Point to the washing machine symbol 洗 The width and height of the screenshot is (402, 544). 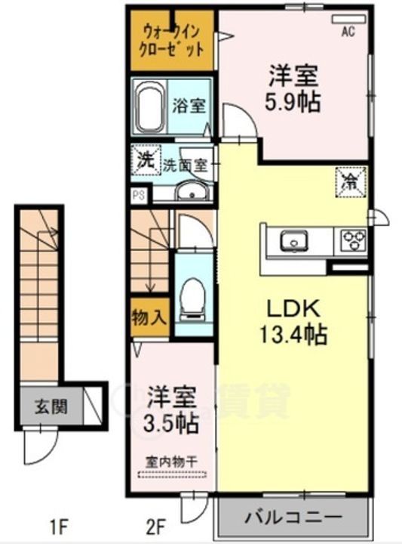(143, 160)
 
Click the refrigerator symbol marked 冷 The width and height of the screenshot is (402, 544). (351, 180)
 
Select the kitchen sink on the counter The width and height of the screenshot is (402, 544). (293, 241)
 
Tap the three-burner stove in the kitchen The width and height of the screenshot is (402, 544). (353, 240)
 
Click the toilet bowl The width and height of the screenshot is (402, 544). (193, 296)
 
